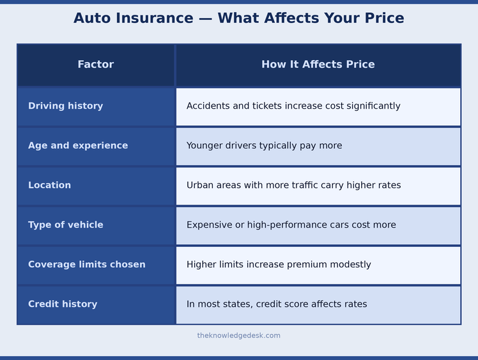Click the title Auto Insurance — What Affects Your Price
tap(238, 19)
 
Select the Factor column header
tap(96, 65)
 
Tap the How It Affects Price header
tap(318, 65)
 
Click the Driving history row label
tap(65, 106)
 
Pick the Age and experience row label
tap(78, 146)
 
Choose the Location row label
tap(49, 185)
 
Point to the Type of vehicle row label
tap(65, 225)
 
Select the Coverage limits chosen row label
tap(86, 265)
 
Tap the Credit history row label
tap(63, 304)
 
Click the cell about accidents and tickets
tap(293, 106)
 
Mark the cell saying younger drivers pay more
tap(264, 146)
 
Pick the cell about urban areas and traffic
tap(293, 185)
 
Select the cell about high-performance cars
tap(291, 225)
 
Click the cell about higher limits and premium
tap(279, 265)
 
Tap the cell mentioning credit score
tap(277, 304)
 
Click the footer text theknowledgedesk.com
tap(238, 336)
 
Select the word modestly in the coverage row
tap(350, 265)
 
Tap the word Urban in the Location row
tap(199, 185)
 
